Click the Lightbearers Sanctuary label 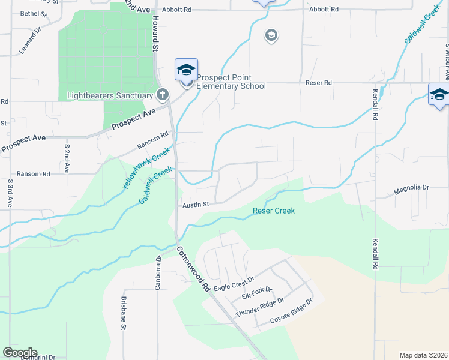tap(111, 95)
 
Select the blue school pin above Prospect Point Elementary tap(186, 70)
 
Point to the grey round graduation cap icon tap(271, 36)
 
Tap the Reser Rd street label tap(319, 83)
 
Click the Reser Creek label tap(273, 211)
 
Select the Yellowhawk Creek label tap(138, 170)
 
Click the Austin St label tap(196, 205)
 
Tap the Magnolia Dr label tap(411, 188)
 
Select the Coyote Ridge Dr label tap(291, 310)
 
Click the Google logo tap(20, 353)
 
